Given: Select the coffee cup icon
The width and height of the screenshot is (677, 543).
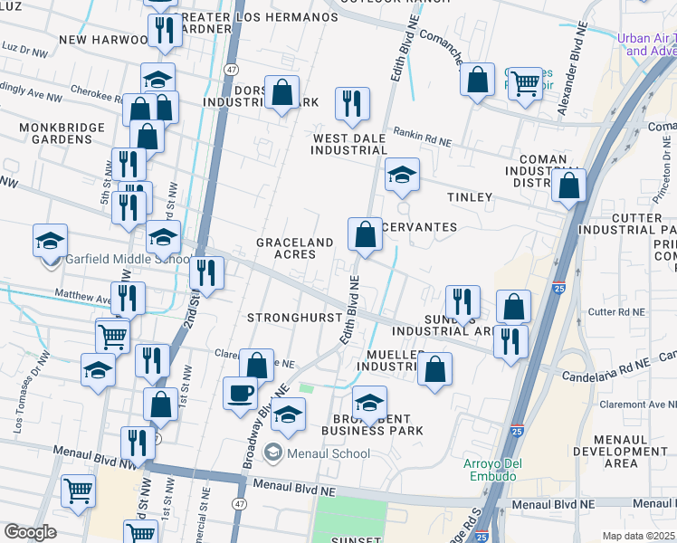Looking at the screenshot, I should [x=241, y=394].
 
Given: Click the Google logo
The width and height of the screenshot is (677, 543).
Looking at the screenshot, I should [x=30, y=532].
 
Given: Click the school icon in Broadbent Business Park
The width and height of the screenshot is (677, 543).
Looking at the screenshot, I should [x=369, y=402].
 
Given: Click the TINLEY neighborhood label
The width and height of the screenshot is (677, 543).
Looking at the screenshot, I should [x=470, y=196].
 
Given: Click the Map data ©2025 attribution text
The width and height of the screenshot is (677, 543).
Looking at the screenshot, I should [x=638, y=535].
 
